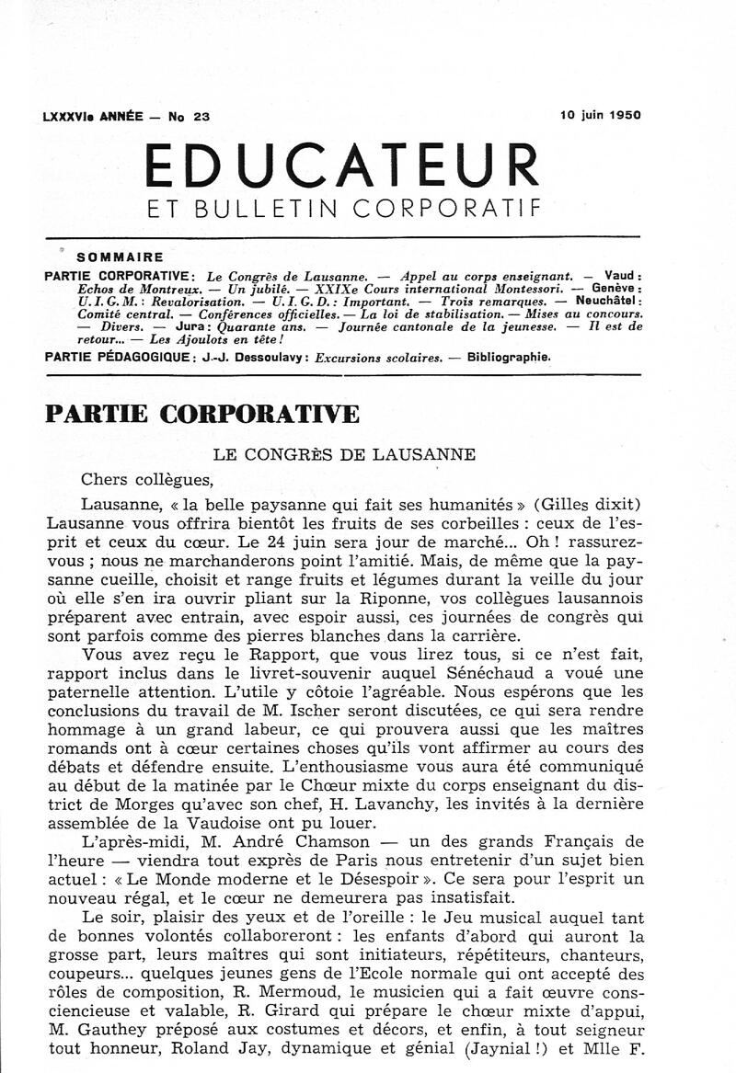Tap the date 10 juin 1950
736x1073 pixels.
pyautogui.click(x=600, y=116)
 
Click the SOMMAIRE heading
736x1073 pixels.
pyautogui.click(x=121, y=257)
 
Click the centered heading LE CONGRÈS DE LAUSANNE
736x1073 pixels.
pyautogui.click(x=344, y=453)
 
